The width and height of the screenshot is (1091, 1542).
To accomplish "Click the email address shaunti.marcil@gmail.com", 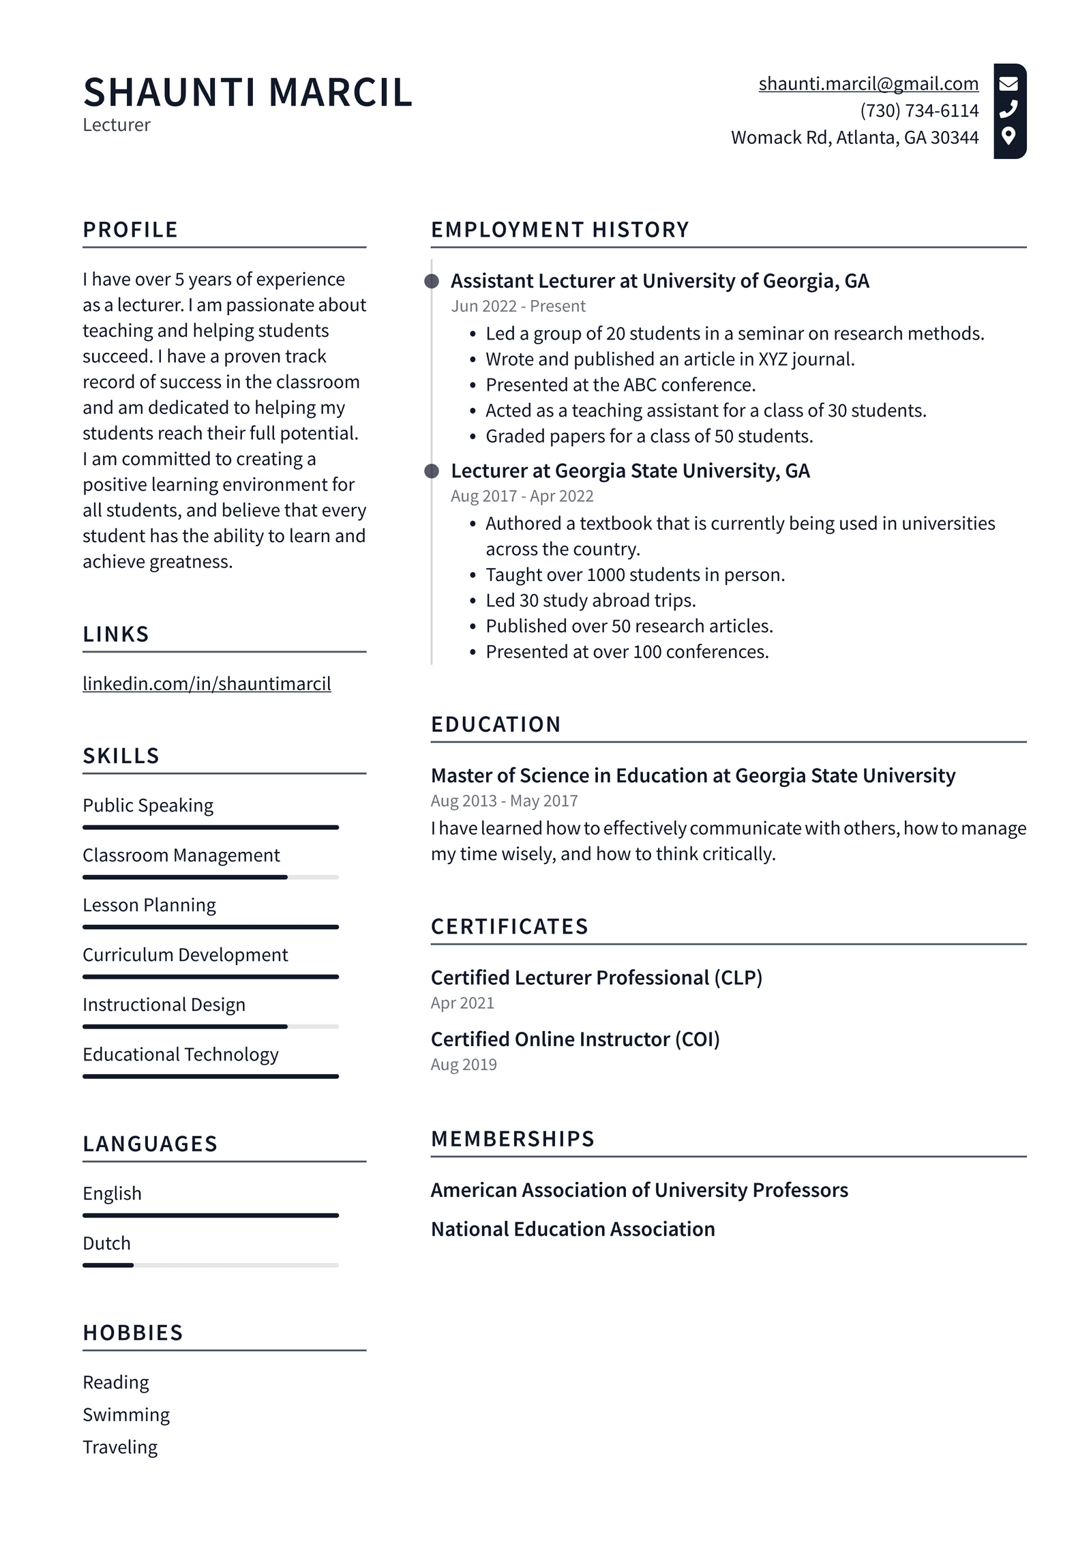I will coord(868,84).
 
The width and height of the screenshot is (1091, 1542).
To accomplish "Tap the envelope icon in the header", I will coord(1008,84).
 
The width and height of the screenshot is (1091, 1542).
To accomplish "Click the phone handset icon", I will coord(1008,109).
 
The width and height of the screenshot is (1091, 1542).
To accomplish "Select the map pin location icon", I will coord(1008,135).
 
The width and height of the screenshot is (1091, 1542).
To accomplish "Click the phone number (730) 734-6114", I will coord(918,110).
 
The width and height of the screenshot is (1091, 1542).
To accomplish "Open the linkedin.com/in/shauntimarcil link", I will coord(207,683).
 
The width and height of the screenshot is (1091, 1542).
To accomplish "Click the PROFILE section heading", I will coord(130,230).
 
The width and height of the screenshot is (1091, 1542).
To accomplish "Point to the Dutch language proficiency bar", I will coord(210,1265).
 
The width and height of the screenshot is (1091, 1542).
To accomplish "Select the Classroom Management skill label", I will coord(181,855).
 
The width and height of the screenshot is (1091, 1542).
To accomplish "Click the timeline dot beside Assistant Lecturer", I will coord(432,281).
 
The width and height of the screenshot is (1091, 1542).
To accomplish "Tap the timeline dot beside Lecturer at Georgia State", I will coord(432,471).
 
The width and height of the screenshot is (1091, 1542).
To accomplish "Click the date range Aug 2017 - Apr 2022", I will coord(522,496).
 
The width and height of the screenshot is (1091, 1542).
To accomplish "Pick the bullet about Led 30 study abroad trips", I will coord(590,600).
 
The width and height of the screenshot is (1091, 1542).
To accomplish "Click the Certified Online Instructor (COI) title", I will coord(575,1039).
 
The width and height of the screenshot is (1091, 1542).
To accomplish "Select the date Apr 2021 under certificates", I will coord(462,1003).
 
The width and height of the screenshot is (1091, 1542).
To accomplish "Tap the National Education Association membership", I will coord(573,1229).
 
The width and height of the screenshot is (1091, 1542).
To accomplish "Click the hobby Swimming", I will coord(126,1414).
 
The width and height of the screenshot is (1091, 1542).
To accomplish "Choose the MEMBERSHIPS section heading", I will coord(513,1139).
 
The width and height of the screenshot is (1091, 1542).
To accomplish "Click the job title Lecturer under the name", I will coord(116,125).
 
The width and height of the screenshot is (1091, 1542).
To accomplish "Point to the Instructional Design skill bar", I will coord(210,1026).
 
